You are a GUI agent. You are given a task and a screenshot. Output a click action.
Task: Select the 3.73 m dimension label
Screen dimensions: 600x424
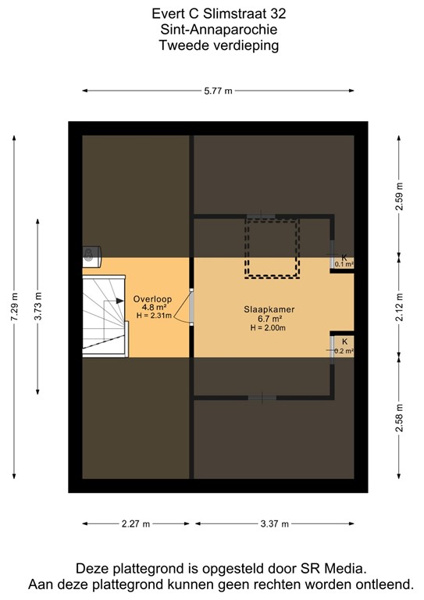point(38,306)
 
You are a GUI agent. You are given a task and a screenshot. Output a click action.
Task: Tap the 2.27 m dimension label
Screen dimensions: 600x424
point(137,524)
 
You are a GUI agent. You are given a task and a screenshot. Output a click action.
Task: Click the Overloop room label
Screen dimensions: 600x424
point(151,298)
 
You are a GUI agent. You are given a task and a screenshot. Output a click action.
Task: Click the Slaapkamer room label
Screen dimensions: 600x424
point(269,309)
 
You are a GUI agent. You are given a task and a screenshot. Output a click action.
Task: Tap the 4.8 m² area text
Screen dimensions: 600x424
point(151,308)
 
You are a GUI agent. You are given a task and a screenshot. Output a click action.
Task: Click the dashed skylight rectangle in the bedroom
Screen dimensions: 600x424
point(272,248)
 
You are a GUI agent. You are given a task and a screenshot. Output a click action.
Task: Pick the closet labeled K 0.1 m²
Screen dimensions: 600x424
point(344,260)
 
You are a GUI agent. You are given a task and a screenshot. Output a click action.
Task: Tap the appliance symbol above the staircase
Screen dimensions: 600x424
point(91,252)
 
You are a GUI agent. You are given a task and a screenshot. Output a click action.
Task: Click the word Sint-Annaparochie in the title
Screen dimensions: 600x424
point(218,30)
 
